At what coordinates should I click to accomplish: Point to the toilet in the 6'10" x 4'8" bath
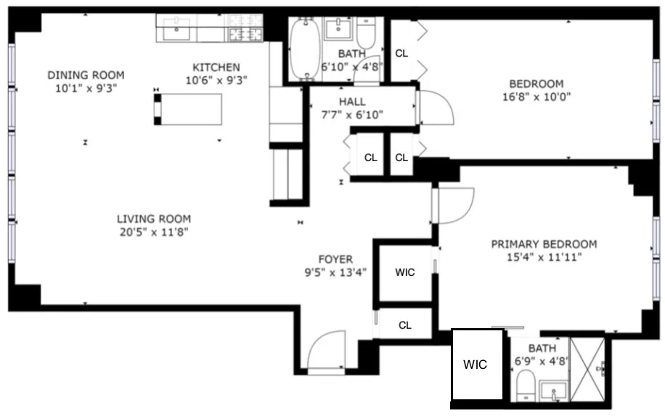tap(365, 33)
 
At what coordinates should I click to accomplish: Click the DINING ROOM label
tap(86, 75)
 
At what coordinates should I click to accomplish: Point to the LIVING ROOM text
tap(154, 219)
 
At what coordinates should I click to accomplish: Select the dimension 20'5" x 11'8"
tap(154, 232)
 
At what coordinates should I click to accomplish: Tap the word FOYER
tap(335, 259)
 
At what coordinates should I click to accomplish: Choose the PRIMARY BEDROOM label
tap(544, 244)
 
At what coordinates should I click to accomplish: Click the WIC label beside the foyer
tap(405, 272)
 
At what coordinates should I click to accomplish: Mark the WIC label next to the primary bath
tap(476, 364)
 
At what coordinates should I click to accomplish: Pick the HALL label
tap(352, 102)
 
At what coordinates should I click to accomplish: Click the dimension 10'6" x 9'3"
tap(217, 81)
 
